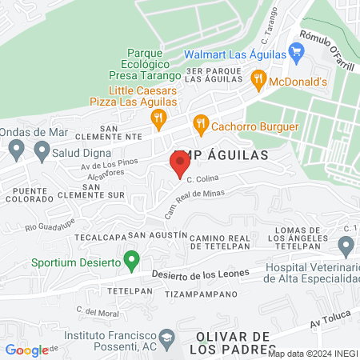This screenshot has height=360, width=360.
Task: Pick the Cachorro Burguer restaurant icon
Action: click(x=200, y=124)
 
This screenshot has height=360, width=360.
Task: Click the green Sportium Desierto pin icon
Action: click(x=134, y=260)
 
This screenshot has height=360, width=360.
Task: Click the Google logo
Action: click(x=26, y=350)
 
